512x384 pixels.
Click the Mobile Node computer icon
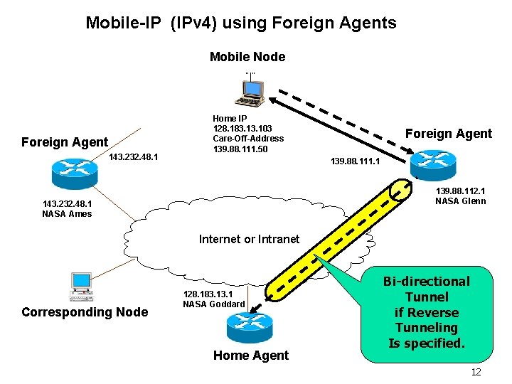click(x=250, y=89)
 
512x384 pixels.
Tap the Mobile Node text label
click(x=247, y=57)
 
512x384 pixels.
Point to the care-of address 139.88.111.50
click(x=240, y=149)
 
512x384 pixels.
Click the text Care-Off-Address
click(x=248, y=139)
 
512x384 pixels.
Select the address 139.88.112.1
click(x=461, y=191)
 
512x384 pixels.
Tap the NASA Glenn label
click(x=461, y=201)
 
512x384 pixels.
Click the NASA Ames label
click(x=67, y=213)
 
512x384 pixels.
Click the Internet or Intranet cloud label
click(x=249, y=239)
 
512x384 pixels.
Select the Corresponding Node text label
click(x=85, y=312)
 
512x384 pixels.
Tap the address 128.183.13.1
click(x=208, y=294)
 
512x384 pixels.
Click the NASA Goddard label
click(x=213, y=304)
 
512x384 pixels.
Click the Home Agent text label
click(x=251, y=356)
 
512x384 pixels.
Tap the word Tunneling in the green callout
click(x=427, y=328)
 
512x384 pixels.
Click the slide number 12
click(x=476, y=373)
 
